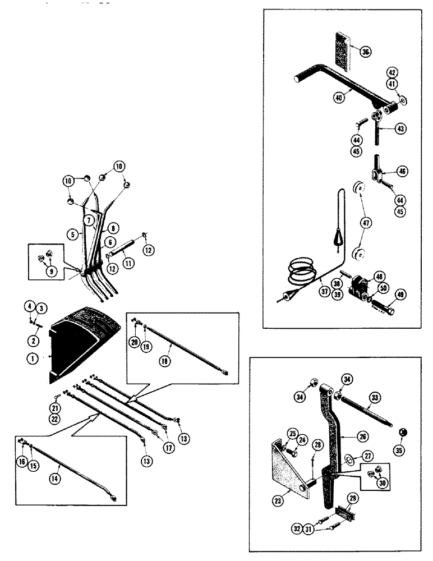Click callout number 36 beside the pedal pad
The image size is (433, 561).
366,52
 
